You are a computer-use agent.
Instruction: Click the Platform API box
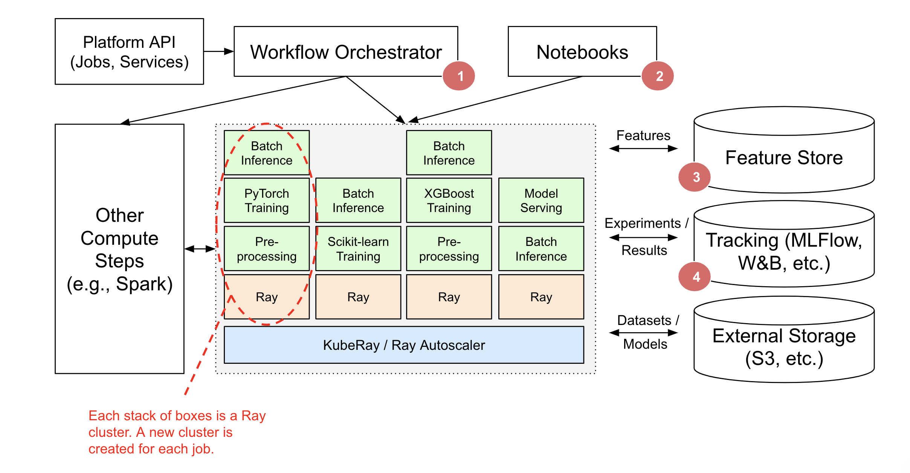(x=129, y=52)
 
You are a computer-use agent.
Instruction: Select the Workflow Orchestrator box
(x=345, y=52)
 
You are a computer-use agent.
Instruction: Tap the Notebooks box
(x=582, y=52)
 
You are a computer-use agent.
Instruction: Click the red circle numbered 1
(x=459, y=76)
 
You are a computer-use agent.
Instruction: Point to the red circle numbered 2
(x=658, y=76)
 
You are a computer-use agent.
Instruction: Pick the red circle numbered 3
(x=695, y=177)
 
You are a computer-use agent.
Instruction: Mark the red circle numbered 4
(x=695, y=277)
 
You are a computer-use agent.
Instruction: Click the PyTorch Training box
(x=267, y=200)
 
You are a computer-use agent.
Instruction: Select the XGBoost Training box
(x=449, y=200)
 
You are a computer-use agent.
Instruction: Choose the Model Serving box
(x=541, y=200)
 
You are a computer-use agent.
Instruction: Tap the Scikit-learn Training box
(x=358, y=249)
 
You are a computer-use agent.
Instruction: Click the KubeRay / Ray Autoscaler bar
(x=404, y=345)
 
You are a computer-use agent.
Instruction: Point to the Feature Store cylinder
(x=784, y=157)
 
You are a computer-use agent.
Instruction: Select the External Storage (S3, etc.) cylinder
(x=784, y=346)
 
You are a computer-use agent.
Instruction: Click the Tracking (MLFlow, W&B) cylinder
(x=784, y=252)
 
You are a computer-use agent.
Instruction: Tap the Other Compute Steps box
(x=119, y=249)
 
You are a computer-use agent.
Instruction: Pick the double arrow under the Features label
(x=643, y=149)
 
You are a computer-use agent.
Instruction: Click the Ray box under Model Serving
(x=541, y=297)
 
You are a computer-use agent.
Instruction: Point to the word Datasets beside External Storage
(x=644, y=320)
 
